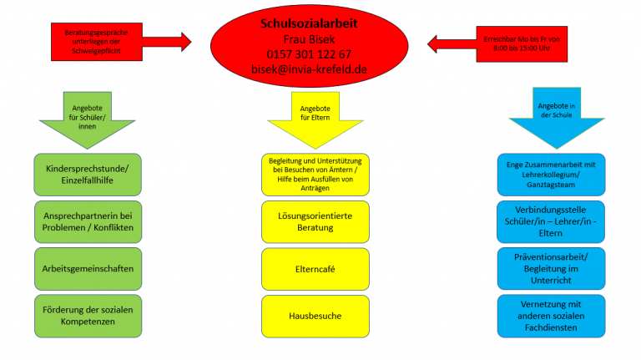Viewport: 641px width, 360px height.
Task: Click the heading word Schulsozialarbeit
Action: (x=309, y=23)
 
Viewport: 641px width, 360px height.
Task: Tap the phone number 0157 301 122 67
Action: (x=309, y=54)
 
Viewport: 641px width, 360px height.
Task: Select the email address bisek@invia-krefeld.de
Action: (x=309, y=69)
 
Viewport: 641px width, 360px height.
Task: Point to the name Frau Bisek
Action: (x=309, y=39)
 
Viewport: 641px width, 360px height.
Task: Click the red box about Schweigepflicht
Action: (x=97, y=42)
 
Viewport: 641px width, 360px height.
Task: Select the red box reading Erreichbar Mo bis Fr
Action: (x=522, y=44)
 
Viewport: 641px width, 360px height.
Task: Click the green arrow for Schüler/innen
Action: (x=87, y=120)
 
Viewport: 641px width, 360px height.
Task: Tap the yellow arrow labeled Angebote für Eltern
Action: (x=315, y=120)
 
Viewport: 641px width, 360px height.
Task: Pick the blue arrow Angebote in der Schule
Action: (x=557, y=118)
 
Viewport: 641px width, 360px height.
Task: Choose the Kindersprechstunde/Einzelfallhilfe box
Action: (x=88, y=175)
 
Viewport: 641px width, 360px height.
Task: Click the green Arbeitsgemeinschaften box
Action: (x=88, y=269)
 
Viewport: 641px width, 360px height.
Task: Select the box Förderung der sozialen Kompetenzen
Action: (x=88, y=316)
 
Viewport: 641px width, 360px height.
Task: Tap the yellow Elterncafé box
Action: (x=315, y=269)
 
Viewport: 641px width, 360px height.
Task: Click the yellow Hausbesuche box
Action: (x=315, y=317)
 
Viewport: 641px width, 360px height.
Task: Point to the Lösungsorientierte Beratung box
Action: (x=315, y=221)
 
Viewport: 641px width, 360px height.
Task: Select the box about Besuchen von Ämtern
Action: (x=315, y=175)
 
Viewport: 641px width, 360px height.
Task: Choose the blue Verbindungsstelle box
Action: (x=551, y=221)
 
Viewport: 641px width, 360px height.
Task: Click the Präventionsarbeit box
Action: (x=551, y=269)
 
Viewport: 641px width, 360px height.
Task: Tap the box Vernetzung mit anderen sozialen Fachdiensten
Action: (x=551, y=316)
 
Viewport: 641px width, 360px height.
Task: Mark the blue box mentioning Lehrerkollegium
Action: (x=551, y=175)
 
